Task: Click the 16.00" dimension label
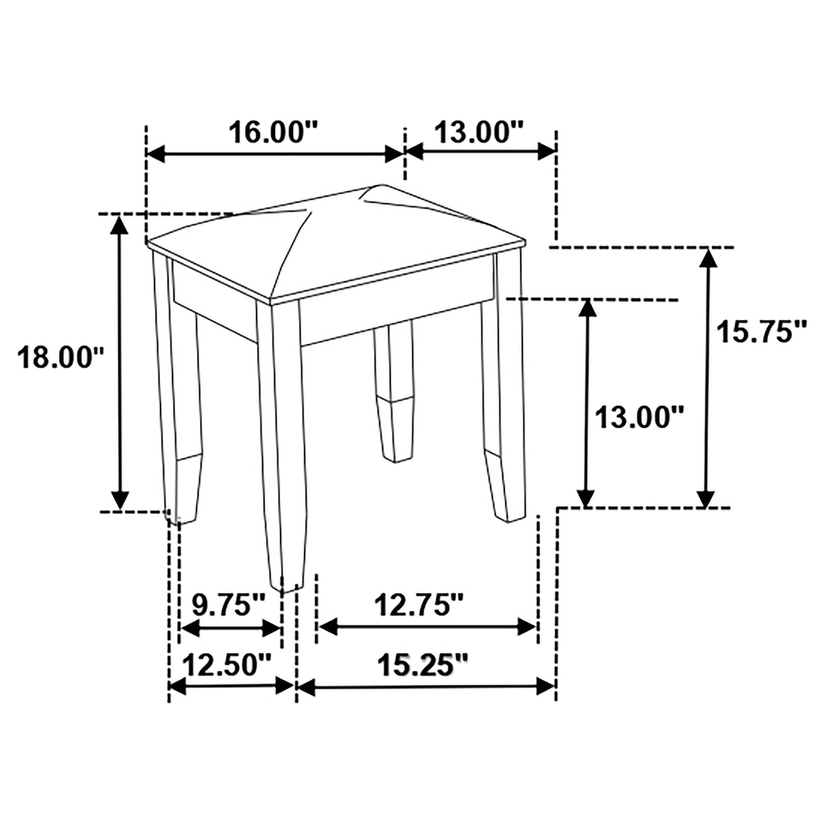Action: point(273,132)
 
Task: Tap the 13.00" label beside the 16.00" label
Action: point(479,132)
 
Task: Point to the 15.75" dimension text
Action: point(762,331)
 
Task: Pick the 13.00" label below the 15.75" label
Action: point(639,417)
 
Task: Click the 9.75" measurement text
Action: point(228,605)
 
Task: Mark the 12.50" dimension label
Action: point(227,665)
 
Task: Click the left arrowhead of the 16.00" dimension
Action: point(156,154)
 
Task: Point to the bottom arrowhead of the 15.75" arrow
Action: point(706,498)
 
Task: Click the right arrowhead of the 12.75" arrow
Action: point(528,627)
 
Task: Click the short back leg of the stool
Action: point(393,391)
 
